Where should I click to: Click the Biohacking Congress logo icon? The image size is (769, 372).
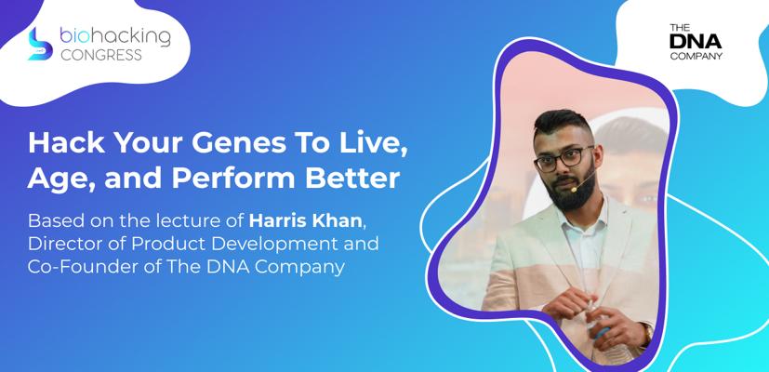[x=40, y=44]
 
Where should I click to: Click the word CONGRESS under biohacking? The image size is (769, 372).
[x=101, y=55]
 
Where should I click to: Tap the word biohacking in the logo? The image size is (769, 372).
[x=115, y=36]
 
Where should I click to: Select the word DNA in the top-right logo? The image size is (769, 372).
[x=695, y=42]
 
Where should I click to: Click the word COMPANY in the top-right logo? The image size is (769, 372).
[x=696, y=56]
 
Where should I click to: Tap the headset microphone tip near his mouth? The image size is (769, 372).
[x=574, y=189]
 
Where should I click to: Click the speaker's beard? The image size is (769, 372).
[x=577, y=190]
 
